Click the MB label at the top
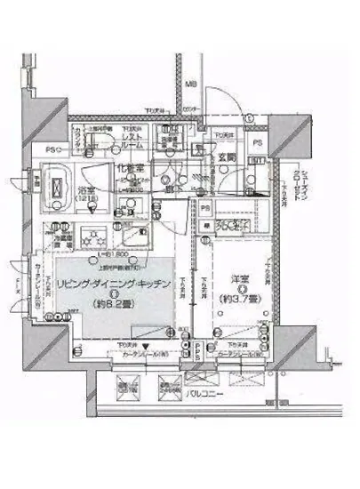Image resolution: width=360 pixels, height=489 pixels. point(190,85)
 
